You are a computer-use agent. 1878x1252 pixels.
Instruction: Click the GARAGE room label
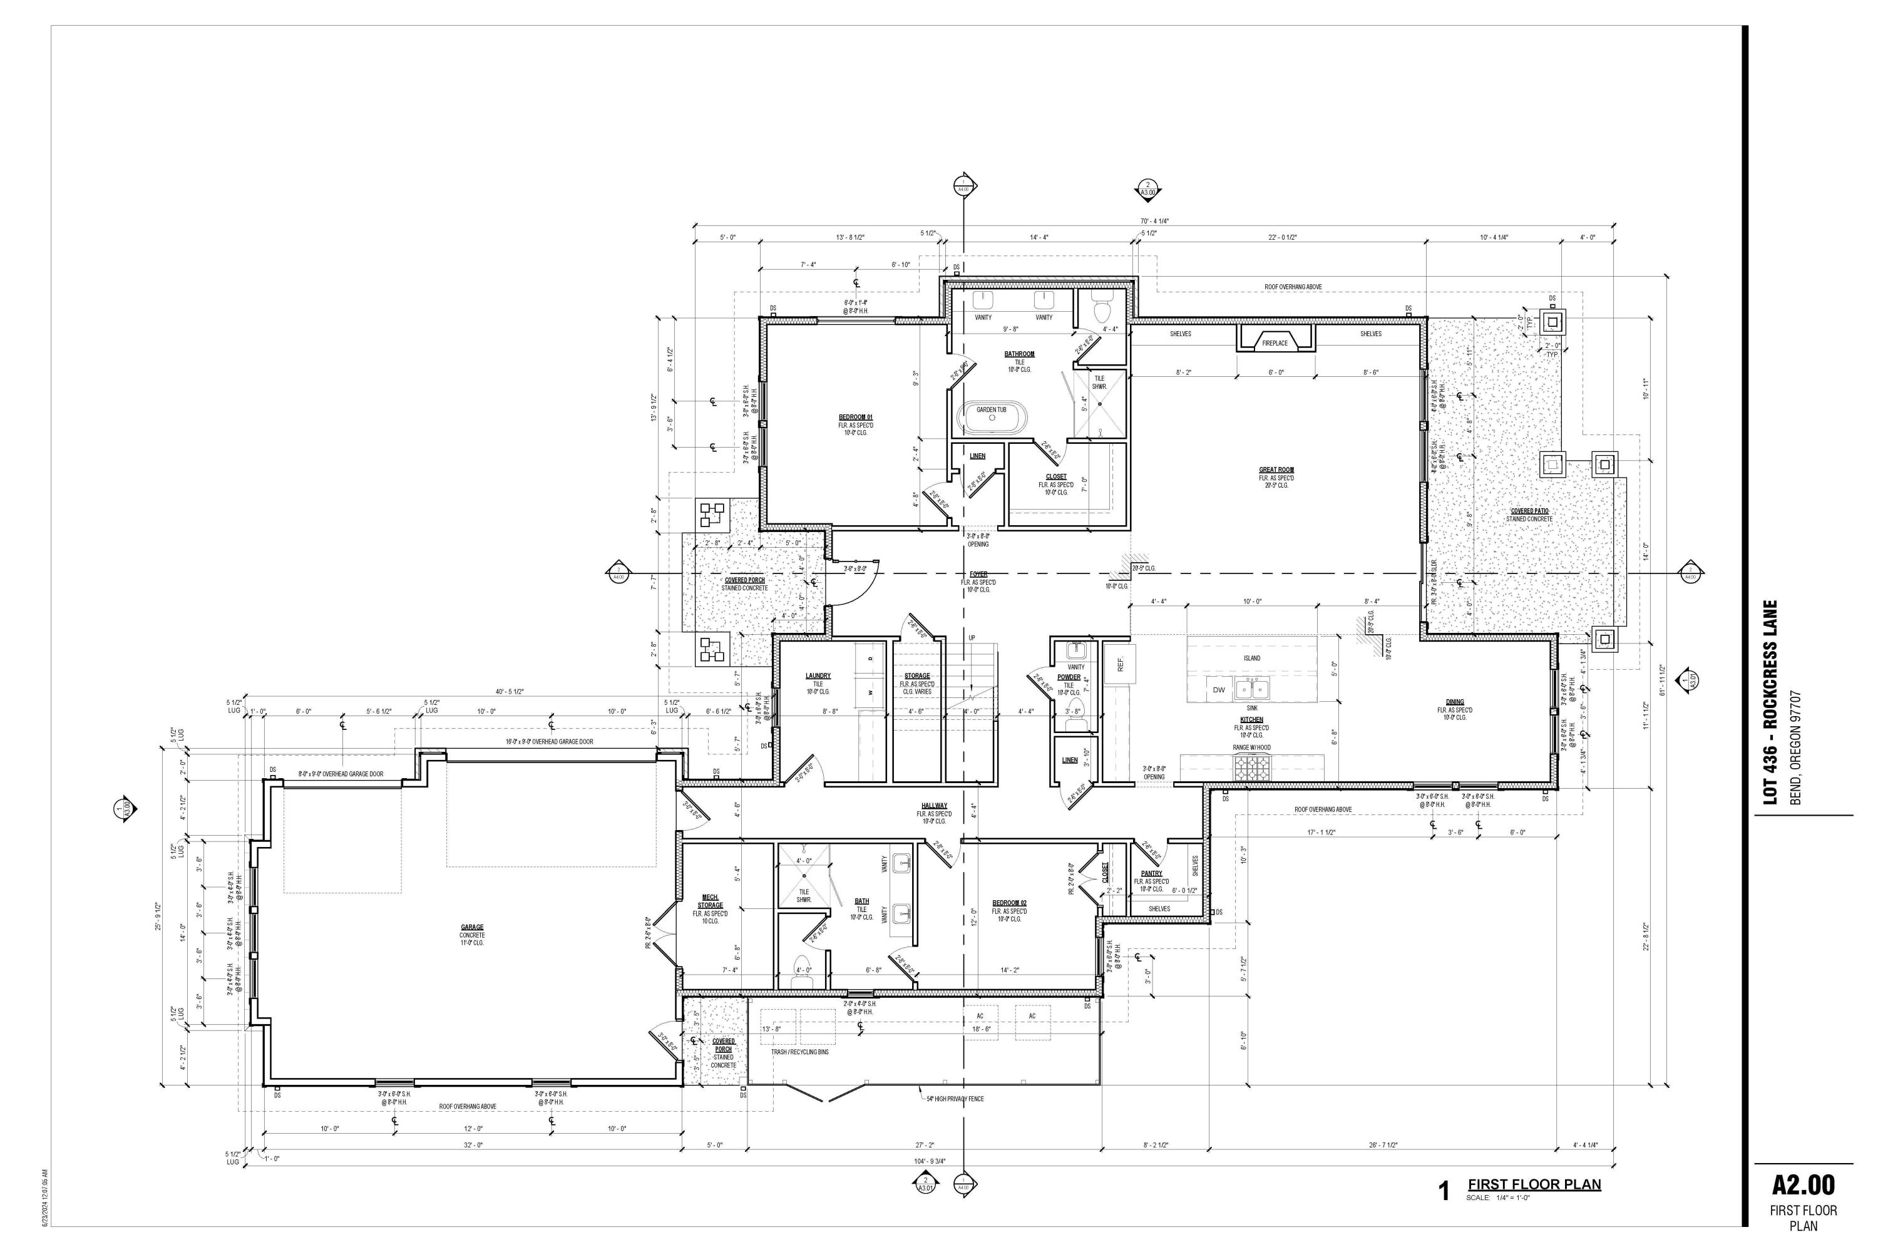coord(472,927)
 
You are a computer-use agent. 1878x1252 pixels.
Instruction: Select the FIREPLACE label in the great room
coord(1275,343)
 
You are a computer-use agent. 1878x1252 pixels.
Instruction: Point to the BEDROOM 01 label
coord(855,418)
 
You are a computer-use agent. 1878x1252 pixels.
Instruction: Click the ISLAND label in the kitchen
coord(1251,659)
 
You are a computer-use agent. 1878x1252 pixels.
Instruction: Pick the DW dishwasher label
coord(1218,690)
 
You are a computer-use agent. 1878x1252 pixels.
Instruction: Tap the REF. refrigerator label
coord(1121,664)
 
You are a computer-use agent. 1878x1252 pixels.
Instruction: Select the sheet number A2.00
coord(1803,1184)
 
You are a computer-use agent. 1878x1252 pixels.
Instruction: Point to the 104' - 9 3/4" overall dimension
coord(930,1161)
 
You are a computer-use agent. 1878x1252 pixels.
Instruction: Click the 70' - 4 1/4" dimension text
coord(1154,221)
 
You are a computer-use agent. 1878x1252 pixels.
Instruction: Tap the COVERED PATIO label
coord(1529,511)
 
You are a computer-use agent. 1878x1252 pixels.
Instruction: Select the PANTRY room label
coord(1151,873)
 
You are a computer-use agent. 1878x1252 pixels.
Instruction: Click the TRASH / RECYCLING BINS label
coord(799,1052)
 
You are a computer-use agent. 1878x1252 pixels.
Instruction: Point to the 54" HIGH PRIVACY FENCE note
coord(955,1099)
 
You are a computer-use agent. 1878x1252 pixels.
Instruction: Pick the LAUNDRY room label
coord(818,676)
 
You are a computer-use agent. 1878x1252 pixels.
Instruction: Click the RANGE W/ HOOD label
coord(1252,748)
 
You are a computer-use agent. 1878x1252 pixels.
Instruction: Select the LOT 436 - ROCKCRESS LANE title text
coord(1770,702)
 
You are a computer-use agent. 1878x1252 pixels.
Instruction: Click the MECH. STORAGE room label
coord(710,901)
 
